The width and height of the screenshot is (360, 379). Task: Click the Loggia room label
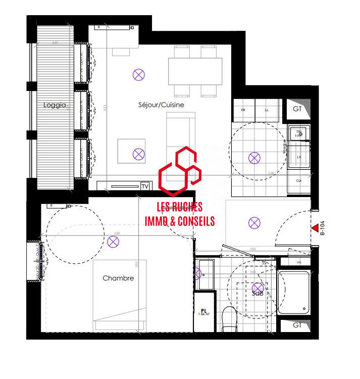tap(55, 106)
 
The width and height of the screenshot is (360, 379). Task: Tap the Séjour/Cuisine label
tap(161, 105)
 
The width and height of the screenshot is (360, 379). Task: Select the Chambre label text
tap(118, 278)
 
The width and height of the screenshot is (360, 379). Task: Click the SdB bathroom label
tap(258, 293)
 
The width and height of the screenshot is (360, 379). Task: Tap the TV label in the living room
tap(145, 186)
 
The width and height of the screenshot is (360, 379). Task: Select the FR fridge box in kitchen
tap(243, 110)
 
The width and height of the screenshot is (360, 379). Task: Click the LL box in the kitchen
tap(267, 110)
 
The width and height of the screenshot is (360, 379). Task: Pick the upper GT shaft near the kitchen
tap(297, 109)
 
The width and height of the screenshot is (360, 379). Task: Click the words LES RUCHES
tap(180, 207)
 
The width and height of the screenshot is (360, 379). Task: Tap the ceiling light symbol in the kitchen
tap(254, 158)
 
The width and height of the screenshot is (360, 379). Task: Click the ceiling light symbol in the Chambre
tap(114, 242)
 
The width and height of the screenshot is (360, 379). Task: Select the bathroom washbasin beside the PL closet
tap(205, 274)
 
